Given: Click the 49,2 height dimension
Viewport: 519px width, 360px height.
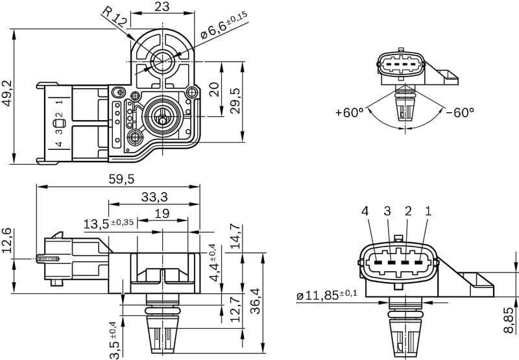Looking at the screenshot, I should coord(7,93).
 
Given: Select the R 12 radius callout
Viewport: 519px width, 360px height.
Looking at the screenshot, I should coord(115,16).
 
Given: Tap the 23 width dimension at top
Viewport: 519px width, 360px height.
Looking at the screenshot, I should coord(163,7).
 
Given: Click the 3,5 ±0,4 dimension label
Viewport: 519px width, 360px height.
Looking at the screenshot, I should coord(114,339).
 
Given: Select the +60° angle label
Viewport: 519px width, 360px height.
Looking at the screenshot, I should coord(350,112).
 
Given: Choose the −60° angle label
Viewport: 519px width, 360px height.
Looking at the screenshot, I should coord(460,112).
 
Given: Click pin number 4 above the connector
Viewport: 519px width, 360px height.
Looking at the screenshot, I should coord(365,211).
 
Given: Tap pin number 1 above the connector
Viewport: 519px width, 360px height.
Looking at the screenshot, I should coord(428,211).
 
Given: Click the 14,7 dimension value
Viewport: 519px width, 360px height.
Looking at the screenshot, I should coord(236,237).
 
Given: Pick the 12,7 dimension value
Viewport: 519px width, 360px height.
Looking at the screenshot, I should coord(236,309).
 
